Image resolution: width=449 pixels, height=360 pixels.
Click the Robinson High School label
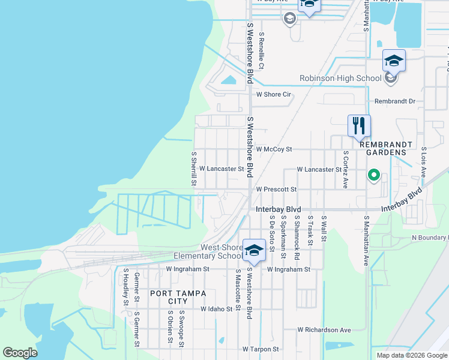[340, 78]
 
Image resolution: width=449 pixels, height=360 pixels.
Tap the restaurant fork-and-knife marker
[359, 126]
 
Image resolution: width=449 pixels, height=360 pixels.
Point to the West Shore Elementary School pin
[254, 251]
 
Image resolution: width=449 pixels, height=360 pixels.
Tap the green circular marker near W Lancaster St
[373, 175]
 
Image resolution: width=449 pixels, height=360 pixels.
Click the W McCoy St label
[273, 149]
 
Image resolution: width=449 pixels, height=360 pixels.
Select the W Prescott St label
[276, 189]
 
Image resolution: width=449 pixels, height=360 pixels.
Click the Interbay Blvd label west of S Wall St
[277, 209]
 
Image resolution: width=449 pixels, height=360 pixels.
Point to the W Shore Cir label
[273, 94]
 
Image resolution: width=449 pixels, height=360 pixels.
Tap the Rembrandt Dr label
[394, 101]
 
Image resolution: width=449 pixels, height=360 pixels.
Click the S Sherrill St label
[194, 167]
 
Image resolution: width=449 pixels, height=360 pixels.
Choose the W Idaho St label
[215, 309]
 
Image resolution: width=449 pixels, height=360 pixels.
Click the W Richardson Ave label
[324, 330]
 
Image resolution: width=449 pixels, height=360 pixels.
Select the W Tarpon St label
[261, 349]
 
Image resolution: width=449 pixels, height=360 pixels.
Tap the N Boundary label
[429, 238]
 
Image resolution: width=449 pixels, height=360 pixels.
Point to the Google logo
[20, 353]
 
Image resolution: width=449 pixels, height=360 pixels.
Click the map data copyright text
[411, 355]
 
